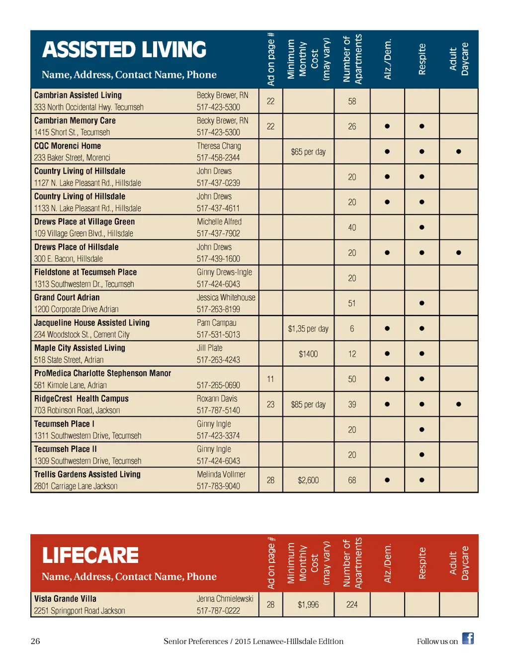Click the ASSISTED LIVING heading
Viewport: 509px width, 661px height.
pos(124,50)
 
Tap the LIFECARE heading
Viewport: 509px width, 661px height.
pos(90,556)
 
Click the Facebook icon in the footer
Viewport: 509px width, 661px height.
pos(468,639)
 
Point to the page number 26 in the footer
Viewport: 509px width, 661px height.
pos(35,641)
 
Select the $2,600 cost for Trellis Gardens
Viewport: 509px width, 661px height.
pos(308,480)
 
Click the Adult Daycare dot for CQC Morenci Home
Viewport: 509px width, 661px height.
pos(458,152)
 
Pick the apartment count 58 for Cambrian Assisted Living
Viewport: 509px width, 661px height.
pos(352,101)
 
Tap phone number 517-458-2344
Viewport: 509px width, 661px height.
pos(218,158)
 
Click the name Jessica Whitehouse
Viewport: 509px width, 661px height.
pos(226,297)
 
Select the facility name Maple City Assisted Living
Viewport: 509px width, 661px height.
pos(80,348)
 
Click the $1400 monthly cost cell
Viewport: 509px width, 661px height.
pos(308,354)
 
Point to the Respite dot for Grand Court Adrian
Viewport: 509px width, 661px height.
pos(422,303)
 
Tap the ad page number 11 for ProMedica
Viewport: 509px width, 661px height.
pos(270,379)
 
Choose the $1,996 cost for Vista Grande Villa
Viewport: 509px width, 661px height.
pos(308,605)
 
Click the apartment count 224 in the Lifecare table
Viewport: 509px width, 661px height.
pos(352,605)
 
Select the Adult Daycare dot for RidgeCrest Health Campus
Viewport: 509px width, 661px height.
pos(458,404)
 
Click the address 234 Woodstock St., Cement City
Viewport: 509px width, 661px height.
pos(82,335)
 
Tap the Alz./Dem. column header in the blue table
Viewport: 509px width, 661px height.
pos(387,59)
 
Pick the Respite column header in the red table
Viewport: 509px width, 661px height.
pos(422,563)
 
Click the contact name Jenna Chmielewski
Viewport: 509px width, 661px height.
pos(225,599)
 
